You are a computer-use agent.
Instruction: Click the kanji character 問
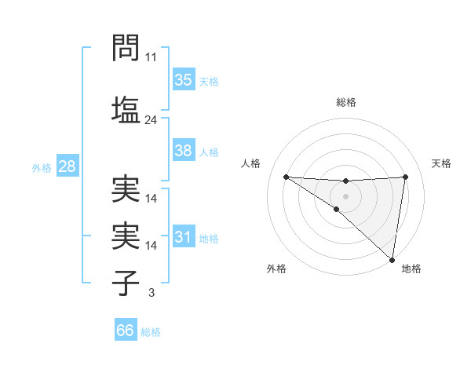click(126, 49)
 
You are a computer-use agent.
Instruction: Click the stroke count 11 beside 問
click(152, 57)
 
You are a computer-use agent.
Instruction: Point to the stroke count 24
click(152, 119)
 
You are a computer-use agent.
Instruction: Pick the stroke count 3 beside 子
click(152, 293)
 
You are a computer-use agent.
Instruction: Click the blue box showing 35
click(183, 79)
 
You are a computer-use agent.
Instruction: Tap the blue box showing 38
click(183, 151)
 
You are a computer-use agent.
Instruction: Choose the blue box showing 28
click(67, 166)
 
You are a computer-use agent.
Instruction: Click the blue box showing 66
click(126, 331)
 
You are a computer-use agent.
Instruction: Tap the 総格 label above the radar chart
click(346, 102)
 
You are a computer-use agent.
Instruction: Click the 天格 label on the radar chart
click(442, 163)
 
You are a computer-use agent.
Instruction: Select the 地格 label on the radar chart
click(411, 269)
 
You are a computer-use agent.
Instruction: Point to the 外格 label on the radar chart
click(276, 269)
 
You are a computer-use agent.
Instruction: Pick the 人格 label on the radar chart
click(250, 163)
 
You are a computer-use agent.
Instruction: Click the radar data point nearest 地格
click(392, 259)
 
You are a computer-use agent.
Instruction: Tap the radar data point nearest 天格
click(405, 177)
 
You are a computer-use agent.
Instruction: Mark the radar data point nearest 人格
click(286, 177)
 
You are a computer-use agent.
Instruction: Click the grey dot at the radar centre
click(345, 195)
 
